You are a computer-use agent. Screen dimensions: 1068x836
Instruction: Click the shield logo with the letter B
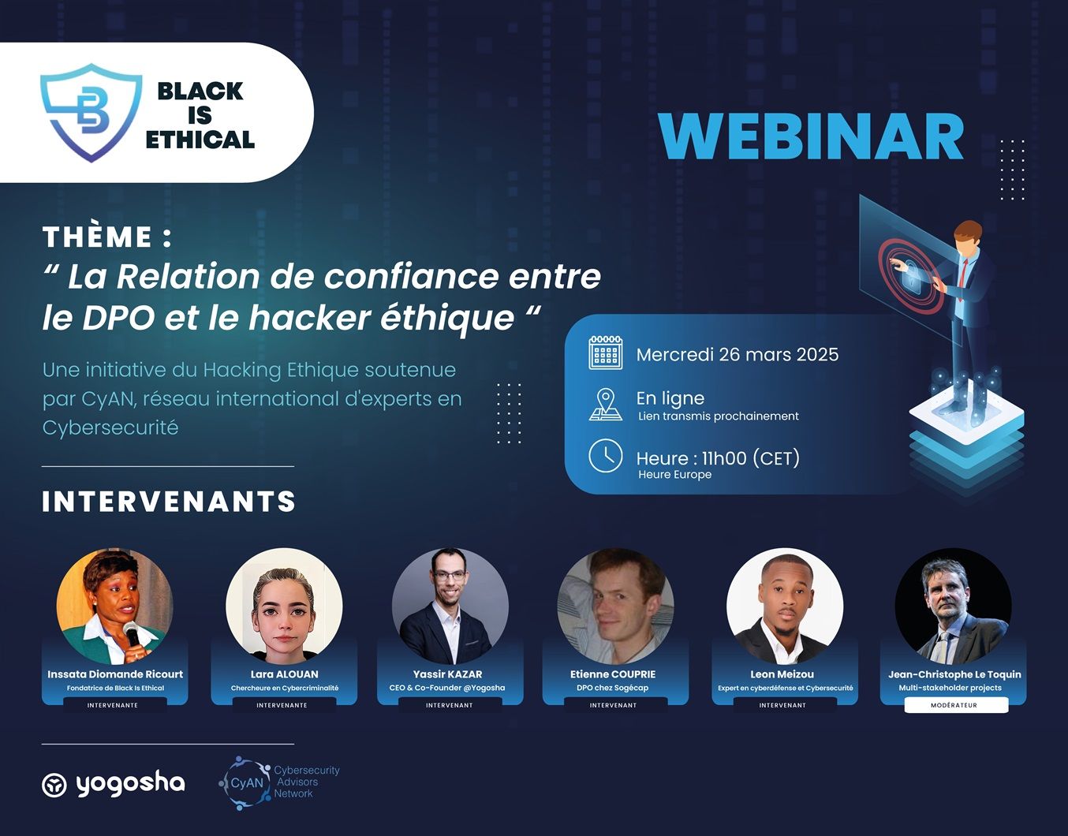point(91,113)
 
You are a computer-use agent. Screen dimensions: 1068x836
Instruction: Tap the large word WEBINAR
point(810,136)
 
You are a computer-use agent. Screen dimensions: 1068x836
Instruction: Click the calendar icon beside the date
point(606,353)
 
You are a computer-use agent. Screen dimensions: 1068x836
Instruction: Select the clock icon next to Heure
point(606,456)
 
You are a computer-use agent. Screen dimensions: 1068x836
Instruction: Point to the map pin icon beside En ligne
point(606,405)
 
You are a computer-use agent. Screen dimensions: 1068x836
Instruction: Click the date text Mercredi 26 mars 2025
point(738,355)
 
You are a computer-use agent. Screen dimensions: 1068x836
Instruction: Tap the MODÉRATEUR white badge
point(954,705)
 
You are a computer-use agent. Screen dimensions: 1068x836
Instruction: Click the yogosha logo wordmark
point(130,785)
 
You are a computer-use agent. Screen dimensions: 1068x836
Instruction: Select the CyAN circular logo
point(245,782)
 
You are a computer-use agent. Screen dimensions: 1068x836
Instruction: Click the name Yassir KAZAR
point(447,674)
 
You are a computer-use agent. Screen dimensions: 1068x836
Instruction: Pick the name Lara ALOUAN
point(284,674)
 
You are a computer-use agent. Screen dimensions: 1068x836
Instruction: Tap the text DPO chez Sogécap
point(612,688)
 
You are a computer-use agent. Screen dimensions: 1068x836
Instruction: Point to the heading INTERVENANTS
point(169,502)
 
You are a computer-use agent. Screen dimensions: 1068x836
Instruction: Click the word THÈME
point(97,237)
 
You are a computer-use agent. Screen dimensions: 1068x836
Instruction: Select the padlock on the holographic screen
point(911,276)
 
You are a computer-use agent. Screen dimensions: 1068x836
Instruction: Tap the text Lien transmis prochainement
point(718,416)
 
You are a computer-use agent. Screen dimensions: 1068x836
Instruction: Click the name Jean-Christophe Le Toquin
point(954,674)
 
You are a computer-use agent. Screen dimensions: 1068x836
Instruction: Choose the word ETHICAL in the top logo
point(200,140)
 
